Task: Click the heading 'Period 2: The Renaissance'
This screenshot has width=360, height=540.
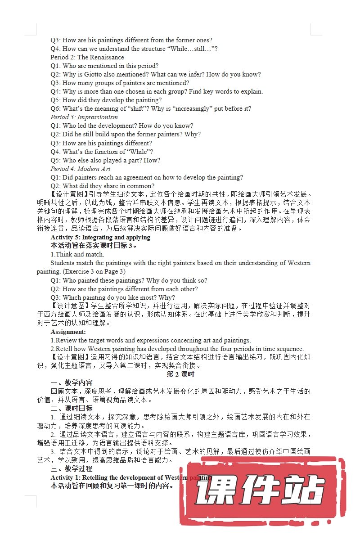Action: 87,57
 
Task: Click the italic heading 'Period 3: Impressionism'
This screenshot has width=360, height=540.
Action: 84,117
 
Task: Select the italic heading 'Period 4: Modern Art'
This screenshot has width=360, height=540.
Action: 81,169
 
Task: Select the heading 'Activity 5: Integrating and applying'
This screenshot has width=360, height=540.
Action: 100,237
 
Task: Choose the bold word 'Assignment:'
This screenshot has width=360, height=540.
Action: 68,332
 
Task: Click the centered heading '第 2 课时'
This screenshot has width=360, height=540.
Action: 180,374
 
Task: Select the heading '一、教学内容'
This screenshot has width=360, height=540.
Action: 72,383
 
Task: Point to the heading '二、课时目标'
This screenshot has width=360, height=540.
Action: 72,409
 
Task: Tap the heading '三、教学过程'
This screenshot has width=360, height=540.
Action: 72,469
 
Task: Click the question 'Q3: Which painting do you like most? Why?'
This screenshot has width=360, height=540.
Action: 112,297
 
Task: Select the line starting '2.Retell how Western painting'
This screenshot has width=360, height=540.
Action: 177,349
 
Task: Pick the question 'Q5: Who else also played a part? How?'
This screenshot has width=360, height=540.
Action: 105,160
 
